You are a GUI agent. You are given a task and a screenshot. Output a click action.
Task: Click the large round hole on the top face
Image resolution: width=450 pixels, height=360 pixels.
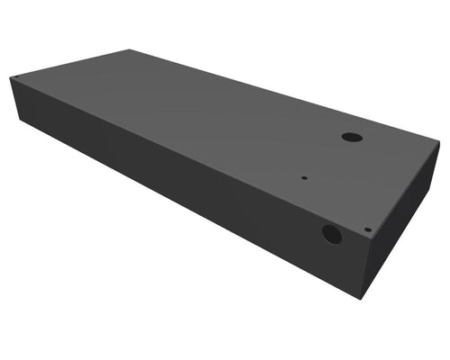[x=351, y=139]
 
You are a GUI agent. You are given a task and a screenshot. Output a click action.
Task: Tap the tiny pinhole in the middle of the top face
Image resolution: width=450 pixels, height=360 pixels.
[x=304, y=177]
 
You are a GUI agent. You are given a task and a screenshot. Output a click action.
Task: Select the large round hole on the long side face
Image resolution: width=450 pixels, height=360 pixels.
[x=332, y=235]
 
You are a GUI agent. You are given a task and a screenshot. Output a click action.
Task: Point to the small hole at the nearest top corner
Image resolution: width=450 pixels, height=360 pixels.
[x=367, y=229]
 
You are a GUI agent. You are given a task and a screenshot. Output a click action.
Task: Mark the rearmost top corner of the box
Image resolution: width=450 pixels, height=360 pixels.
[x=129, y=50]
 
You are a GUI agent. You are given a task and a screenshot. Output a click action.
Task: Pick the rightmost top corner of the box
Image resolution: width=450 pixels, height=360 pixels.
[x=439, y=141]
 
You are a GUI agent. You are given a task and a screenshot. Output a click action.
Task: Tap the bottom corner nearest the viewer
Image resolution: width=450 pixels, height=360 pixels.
[x=361, y=298]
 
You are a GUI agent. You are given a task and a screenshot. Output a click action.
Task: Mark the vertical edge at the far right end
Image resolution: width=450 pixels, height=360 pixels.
[x=436, y=167]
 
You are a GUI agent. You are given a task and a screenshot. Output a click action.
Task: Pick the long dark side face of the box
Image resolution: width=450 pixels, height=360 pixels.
[x=180, y=189]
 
